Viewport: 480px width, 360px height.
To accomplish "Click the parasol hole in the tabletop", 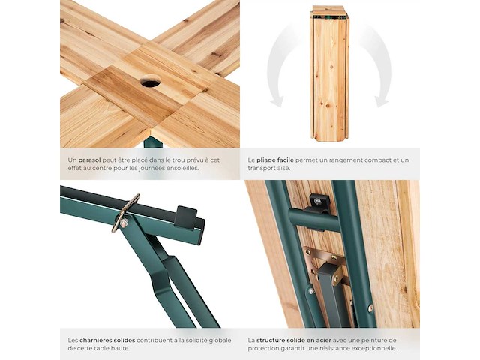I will (150, 81).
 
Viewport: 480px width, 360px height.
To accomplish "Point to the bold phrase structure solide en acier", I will (301, 340).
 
